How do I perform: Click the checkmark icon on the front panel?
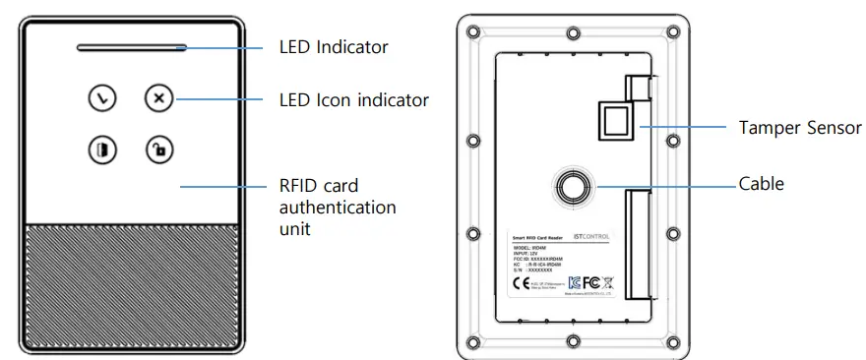click(x=101, y=97)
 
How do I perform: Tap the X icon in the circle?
click(x=158, y=97)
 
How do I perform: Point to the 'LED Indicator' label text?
click(x=334, y=46)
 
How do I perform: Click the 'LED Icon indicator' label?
click(x=353, y=99)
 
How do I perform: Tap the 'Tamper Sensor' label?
click(x=800, y=128)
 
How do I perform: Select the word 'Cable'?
click(x=762, y=184)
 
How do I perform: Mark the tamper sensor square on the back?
click(x=613, y=121)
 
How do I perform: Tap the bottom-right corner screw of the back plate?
click(x=672, y=340)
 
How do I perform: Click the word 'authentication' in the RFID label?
click(x=338, y=208)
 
